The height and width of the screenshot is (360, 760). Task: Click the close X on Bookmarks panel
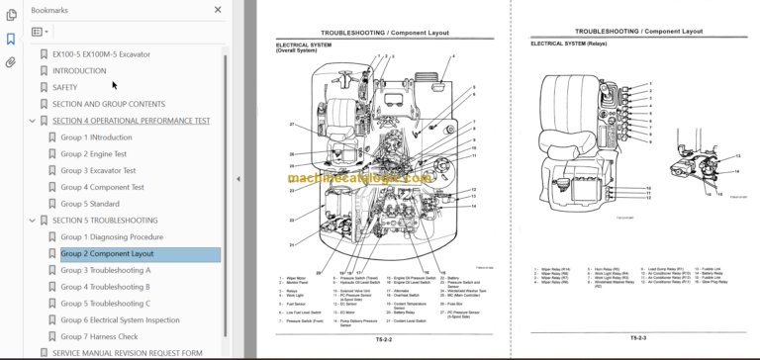click(218, 10)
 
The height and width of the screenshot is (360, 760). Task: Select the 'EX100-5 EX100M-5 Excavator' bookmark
click(101, 54)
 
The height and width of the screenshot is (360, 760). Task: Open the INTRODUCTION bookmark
click(79, 71)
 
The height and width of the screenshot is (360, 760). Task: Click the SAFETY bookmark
click(64, 87)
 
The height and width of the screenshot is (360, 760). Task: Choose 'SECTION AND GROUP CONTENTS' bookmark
click(109, 104)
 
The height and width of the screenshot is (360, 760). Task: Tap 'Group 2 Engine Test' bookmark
click(94, 154)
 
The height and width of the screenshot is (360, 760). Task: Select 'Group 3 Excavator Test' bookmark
click(100, 171)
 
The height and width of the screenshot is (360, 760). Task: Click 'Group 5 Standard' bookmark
click(90, 204)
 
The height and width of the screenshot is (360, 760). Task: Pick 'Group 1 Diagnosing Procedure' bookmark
click(112, 237)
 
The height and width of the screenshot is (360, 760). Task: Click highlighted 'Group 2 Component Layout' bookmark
click(107, 254)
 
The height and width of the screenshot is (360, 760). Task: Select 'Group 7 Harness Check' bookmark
click(99, 336)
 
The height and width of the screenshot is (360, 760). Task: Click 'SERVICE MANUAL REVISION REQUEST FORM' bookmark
click(127, 353)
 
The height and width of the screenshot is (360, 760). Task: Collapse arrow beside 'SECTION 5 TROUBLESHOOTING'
click(33, 221)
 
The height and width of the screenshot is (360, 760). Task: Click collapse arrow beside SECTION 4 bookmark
click(33, 121)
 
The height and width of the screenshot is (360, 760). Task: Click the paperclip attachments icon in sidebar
click(11, 62)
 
